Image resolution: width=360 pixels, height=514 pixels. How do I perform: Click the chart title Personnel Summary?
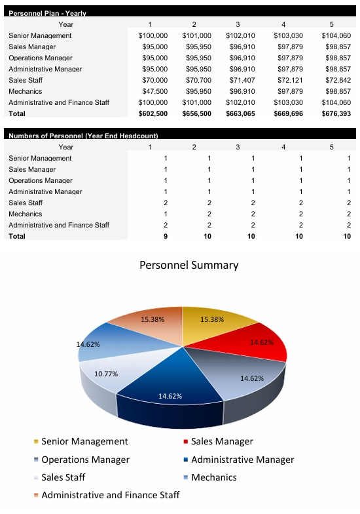[x=189, y=266]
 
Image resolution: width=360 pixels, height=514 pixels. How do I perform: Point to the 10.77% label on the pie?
[x=106, y=374]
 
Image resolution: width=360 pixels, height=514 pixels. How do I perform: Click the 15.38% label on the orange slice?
[x=153, y=319]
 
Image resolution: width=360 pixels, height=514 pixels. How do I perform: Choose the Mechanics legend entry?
[x=213, y=477]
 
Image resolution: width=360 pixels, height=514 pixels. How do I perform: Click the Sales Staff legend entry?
[x=63, y=477]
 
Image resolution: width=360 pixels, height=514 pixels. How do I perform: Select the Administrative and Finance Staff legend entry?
[x=110, y=495]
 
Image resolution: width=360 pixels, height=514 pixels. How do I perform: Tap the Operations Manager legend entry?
[x=84, y=460]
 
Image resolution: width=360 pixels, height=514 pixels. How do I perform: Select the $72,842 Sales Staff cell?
[x=336, y=80]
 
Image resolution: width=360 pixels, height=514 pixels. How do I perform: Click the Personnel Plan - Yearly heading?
[x=47, y=13]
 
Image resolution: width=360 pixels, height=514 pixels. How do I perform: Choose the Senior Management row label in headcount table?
[x=40, y=158]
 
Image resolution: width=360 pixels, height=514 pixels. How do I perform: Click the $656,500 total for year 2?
[x=197, y=113]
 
